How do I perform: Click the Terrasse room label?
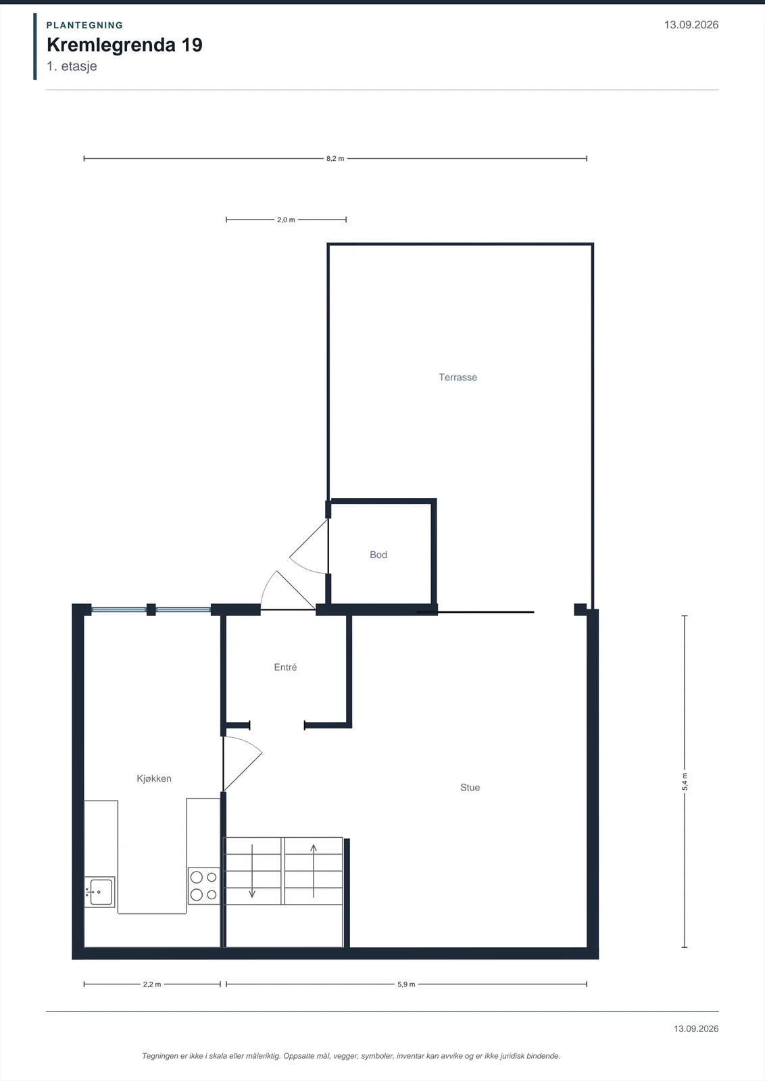click(458, 378)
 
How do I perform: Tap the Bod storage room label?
click(378, 555)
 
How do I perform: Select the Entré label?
click(285, 668)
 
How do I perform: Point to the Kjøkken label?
click(154, 778)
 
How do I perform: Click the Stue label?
click(470, 788)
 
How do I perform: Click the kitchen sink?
click(100, 892)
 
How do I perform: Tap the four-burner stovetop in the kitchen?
click(203, 886)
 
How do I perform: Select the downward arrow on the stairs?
click(252, 871)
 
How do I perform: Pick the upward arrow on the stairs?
click(314, 871)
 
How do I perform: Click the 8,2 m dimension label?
click(335, 159)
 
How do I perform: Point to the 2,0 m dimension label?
click(286, 220)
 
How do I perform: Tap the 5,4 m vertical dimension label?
click(685, 782)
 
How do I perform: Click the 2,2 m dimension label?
click(152, 984)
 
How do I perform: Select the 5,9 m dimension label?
click(406, 984)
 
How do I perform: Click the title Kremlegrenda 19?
click(124, 45)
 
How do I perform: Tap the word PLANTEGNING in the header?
click(85, 25)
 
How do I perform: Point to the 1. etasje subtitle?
click(72, 66)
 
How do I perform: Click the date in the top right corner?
click(691, 25)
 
